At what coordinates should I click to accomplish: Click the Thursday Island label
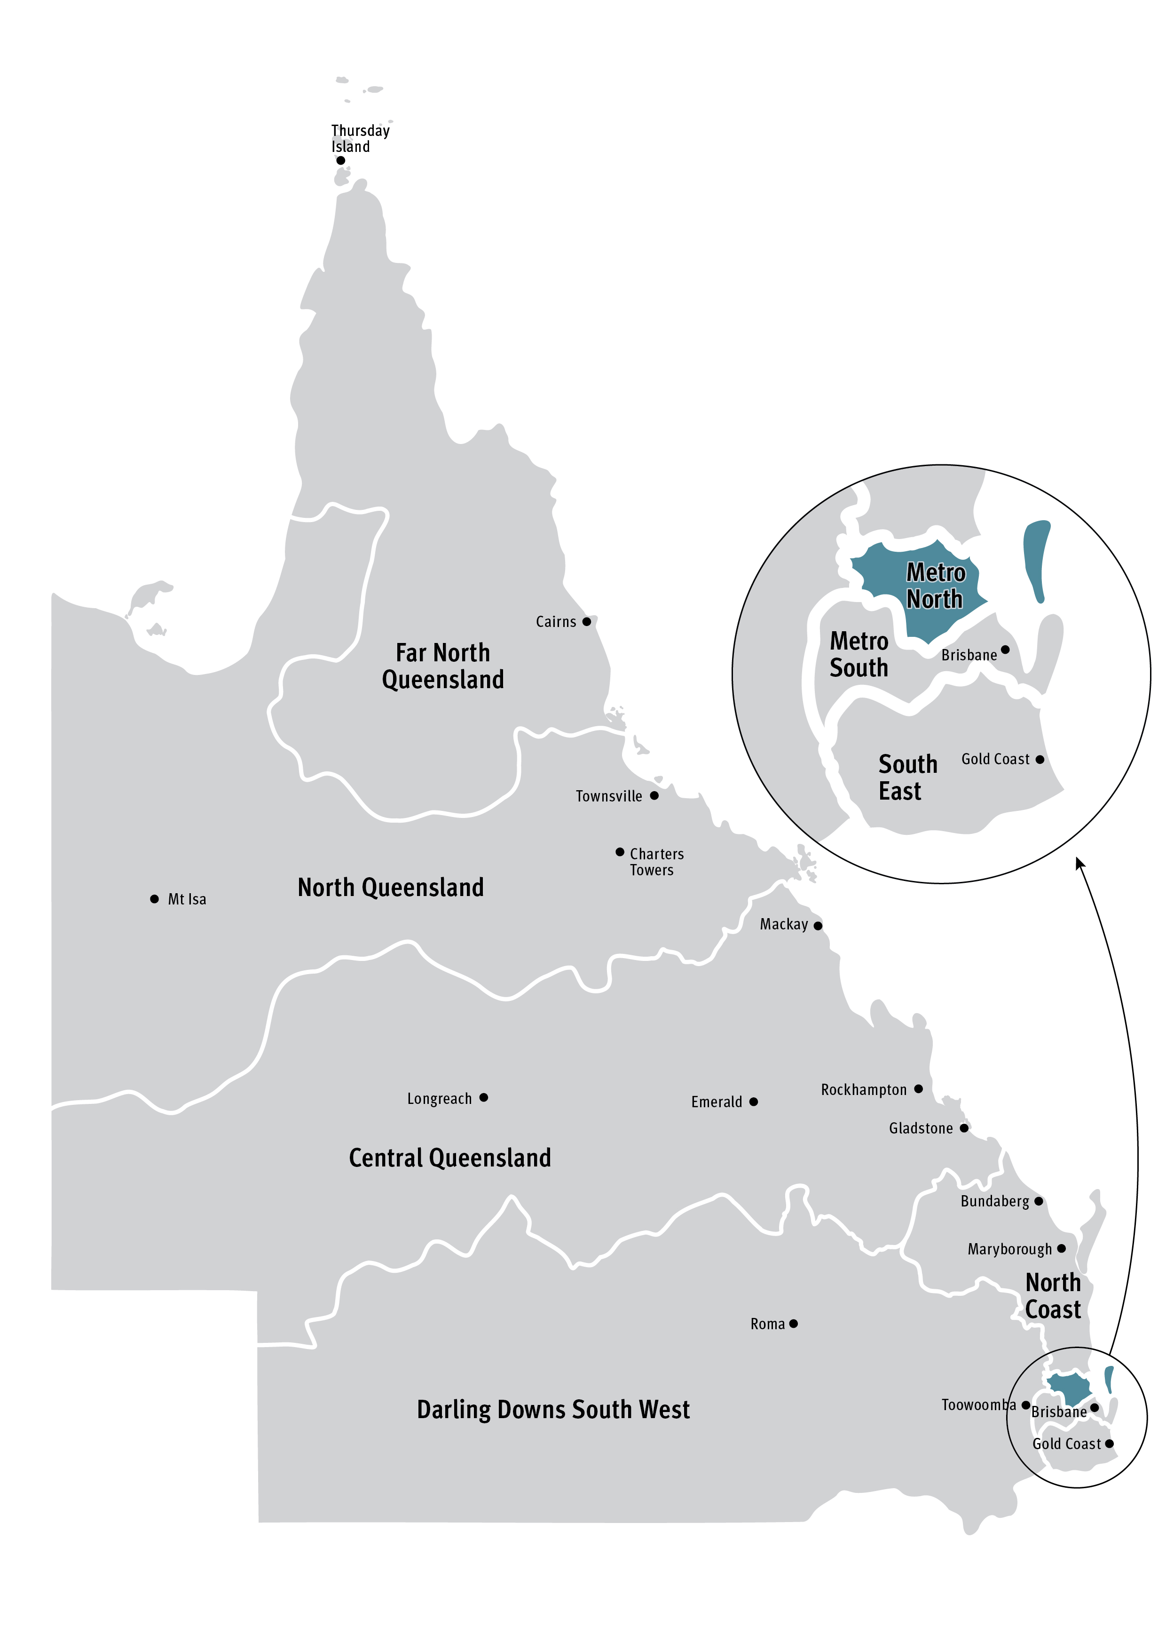click(360, 139)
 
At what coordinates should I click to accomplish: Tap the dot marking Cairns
click(587, 622)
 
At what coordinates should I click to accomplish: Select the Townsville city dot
click(654, 795)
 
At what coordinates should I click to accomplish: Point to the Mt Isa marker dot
click(155, 899)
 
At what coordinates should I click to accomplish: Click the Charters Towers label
click(656, 862)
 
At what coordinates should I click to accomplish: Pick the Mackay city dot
click(818, 926)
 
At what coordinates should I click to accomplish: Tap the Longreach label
click(439, 1099)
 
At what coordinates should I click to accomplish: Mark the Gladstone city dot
click(964, 1128)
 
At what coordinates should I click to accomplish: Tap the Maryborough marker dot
click(1062, 1248)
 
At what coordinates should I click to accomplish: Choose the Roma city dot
click(794, 1324)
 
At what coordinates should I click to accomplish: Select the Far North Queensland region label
click(442, 666)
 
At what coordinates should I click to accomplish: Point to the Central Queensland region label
click(450, 1158)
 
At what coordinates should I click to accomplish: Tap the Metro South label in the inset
click(859, 654)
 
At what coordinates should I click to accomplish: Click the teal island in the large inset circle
click(1037, 559)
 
